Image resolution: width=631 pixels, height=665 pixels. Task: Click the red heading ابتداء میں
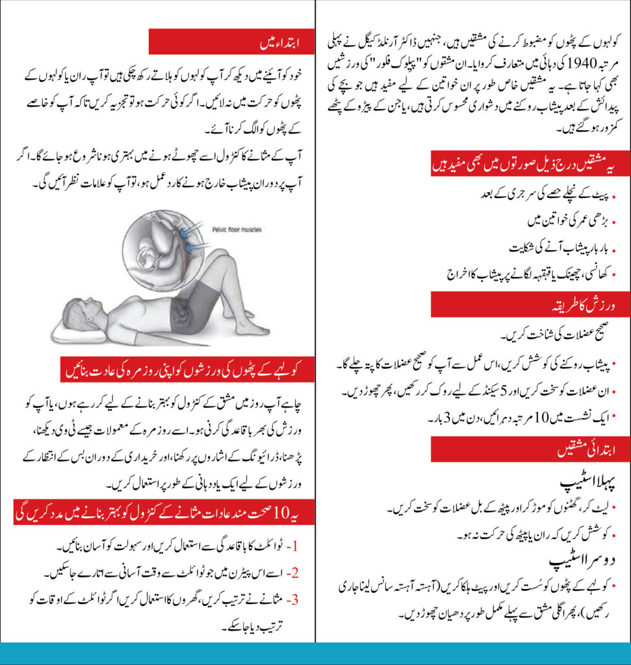click(268, 42)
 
